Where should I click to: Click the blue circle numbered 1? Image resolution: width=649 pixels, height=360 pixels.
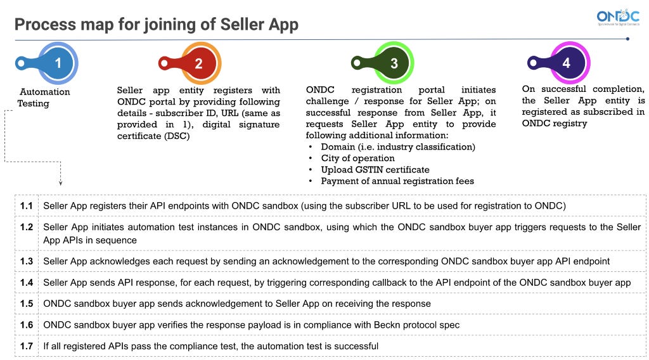(58, 63)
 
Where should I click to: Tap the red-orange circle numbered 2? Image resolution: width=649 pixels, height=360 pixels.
(199, 63)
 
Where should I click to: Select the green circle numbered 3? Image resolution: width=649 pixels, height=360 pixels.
(394, 63)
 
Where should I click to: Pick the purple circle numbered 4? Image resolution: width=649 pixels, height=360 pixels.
(566, 63)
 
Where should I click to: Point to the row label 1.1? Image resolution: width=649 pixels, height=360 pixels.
(26, 206)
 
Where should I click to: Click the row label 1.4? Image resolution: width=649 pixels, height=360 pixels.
(26, 282)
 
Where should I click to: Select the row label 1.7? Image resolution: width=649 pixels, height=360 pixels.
(26, 346)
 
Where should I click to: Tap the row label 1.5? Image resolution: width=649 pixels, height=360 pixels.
(26, 304)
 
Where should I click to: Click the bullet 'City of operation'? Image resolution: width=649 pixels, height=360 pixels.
(357, 158)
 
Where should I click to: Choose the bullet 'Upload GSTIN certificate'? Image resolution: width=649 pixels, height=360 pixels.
(375, 170)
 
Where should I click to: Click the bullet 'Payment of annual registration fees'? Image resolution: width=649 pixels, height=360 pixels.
(397, 181)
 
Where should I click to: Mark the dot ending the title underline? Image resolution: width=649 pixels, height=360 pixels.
(627, 39)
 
